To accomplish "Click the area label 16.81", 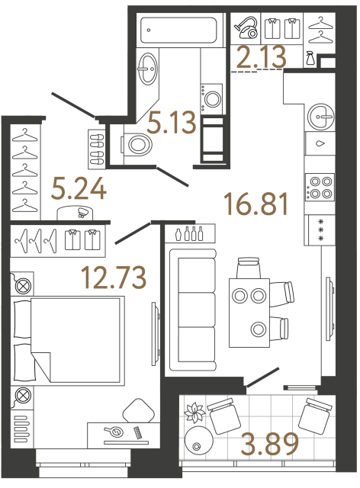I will [257, 204].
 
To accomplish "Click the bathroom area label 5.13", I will [172, 122].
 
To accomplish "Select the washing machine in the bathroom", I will [212, 97].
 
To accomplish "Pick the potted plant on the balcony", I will [196, 413].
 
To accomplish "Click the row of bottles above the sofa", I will [189, 233].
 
